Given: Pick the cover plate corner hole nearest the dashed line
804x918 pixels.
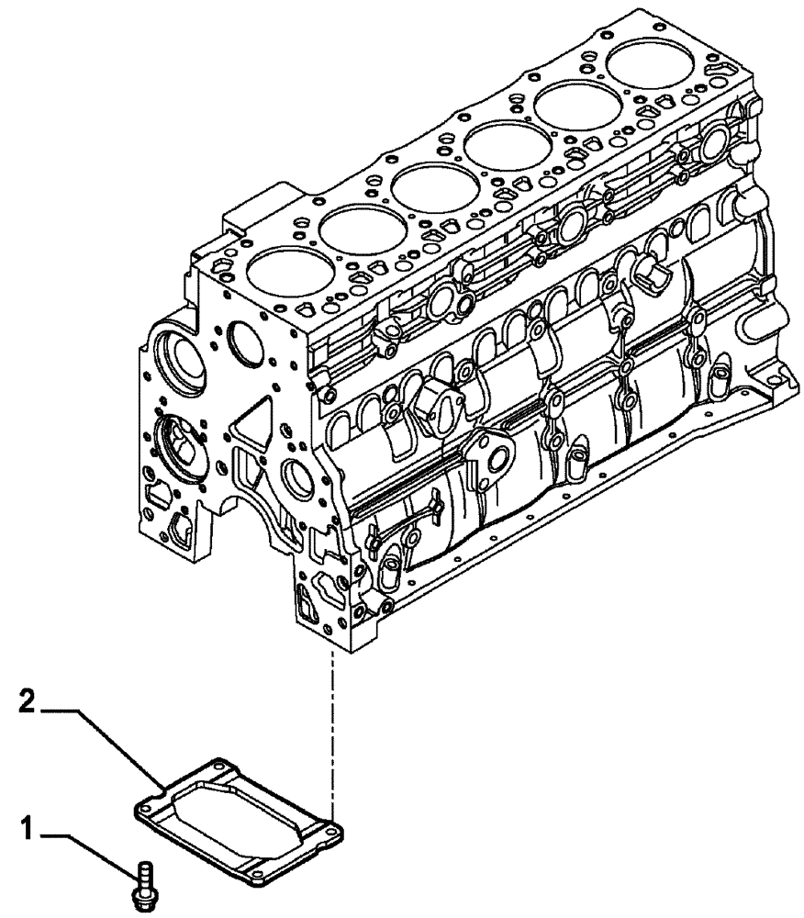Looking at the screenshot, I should pyautogui.click(x=334, y=833).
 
